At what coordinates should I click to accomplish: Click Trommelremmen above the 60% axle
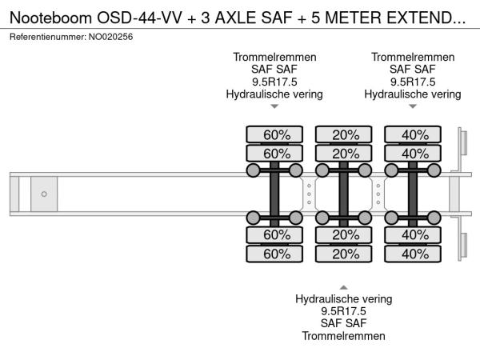(x=274, y=58)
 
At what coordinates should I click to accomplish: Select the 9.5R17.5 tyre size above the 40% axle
(x=413, y=82)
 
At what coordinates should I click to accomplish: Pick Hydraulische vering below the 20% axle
(x=344, y=299)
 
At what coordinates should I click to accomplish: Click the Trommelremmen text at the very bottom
(x=344, y=336)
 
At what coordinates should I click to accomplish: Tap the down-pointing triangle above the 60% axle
(x=274, y=106)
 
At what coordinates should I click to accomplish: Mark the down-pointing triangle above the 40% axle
(x=413, y=106)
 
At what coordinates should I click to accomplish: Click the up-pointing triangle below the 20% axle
(x=344, y=286)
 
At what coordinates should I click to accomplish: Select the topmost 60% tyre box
(x=274, y=134)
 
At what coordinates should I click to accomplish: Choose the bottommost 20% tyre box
(x=344, y=254)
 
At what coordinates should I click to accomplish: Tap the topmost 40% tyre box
(x=413, y=134)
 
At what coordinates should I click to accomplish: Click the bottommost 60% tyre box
(x=274, y=254)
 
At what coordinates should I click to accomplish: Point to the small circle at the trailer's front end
(x=44, y=194)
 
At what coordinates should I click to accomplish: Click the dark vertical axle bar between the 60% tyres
(x=274, y=194)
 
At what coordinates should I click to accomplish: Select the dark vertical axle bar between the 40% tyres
(x=413, y=194)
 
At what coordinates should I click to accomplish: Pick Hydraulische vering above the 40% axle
(x=413, y=94)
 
